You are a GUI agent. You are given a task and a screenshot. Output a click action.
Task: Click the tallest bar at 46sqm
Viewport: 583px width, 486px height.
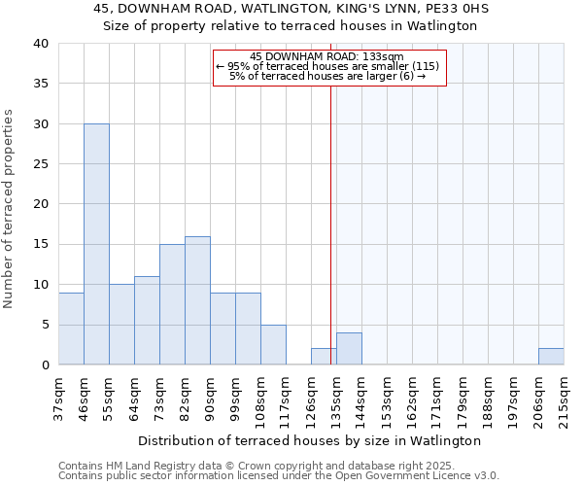96,244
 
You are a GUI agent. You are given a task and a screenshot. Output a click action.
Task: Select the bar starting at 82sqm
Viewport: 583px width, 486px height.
197,300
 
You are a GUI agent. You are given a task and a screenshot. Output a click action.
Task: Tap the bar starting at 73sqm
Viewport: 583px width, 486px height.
172,304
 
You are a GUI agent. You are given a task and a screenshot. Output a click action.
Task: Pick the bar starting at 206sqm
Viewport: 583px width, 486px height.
551,356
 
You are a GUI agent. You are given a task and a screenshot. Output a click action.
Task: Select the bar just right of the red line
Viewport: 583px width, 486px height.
349,348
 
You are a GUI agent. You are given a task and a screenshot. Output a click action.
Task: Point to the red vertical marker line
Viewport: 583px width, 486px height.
331,224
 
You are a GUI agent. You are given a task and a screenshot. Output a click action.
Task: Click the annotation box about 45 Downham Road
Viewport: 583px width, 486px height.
328,67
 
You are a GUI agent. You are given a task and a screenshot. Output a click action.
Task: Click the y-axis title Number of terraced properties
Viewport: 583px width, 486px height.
10,209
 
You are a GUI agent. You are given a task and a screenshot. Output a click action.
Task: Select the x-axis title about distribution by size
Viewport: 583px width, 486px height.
310,440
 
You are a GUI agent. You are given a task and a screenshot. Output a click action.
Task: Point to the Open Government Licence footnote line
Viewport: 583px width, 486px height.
278,476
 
